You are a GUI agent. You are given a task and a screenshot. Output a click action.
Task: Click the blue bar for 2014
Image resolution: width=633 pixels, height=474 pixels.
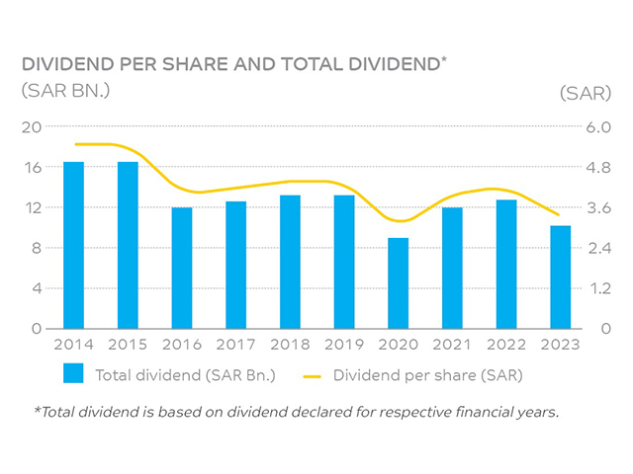coord(73,245)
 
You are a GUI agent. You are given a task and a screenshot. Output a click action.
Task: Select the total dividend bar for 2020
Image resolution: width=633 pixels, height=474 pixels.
coord(398,283)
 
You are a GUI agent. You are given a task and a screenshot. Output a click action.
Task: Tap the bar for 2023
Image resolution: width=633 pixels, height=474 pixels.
coord(561,277)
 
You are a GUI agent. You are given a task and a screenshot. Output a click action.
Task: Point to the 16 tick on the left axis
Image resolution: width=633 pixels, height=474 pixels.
coord(33,167)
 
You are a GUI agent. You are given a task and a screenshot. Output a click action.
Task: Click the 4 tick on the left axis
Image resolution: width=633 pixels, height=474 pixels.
coord(38,288)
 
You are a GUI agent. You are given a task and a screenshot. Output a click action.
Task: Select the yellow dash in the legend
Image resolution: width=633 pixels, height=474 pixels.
coord(314,375)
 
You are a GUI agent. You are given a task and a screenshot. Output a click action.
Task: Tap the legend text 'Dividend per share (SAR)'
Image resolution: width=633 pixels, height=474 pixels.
coord(428,375)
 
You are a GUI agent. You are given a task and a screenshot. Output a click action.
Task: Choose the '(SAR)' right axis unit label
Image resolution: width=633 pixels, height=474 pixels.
coord(583,92)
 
